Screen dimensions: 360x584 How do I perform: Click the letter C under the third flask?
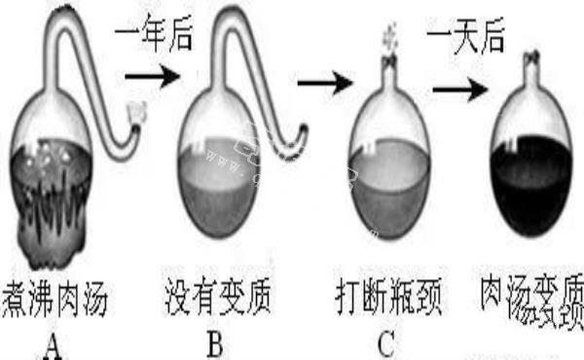coord(388,343)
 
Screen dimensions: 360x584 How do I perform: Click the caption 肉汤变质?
coord(531,292)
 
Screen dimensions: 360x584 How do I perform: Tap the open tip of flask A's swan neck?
coord(139,115)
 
